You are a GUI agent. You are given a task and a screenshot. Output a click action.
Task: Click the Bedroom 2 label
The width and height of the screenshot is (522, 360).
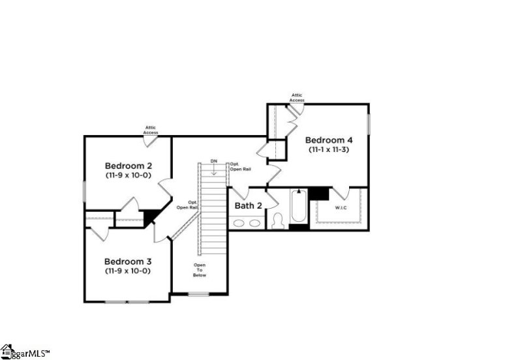pyautogui.click(x=128, y=166)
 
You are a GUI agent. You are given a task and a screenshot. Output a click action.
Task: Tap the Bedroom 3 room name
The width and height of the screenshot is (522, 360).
pyautogui.click(x=128, y=260)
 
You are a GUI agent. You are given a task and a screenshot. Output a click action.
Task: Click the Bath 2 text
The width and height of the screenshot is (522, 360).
pyautogui.click(x=248, y=206)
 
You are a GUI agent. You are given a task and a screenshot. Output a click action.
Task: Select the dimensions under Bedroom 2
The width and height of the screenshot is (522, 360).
pyautogui.click(x=128, y=175)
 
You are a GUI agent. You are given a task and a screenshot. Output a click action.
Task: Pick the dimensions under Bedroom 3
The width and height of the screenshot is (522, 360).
pyautogui.click(x=128, y=271)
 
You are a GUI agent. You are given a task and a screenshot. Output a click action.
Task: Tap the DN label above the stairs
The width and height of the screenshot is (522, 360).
pyautogui.click(x=213, y=161)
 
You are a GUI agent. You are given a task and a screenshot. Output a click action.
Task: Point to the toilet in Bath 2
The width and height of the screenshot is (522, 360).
pyautogui.click(x=277, y=221)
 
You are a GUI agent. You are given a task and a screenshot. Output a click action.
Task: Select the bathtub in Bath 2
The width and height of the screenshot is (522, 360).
pyautogui.click(x=299, y=207)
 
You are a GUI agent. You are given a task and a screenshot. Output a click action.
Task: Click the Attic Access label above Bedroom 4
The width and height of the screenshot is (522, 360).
pyautogui.click(x=297, y=98)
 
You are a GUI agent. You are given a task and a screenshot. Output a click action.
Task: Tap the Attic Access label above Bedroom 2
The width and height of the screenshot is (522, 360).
pyautogui.click(x=151, y=130)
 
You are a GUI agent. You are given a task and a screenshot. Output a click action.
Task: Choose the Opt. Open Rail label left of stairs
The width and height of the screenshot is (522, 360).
pyautogui.click(x=189, y=205)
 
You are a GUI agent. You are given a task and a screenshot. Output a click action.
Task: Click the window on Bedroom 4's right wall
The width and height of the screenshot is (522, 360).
pyautogui.click(x=369, y=124)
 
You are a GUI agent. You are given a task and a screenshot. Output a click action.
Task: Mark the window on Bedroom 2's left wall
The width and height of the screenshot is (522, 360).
pyautogui.click(x=84, y=191)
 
